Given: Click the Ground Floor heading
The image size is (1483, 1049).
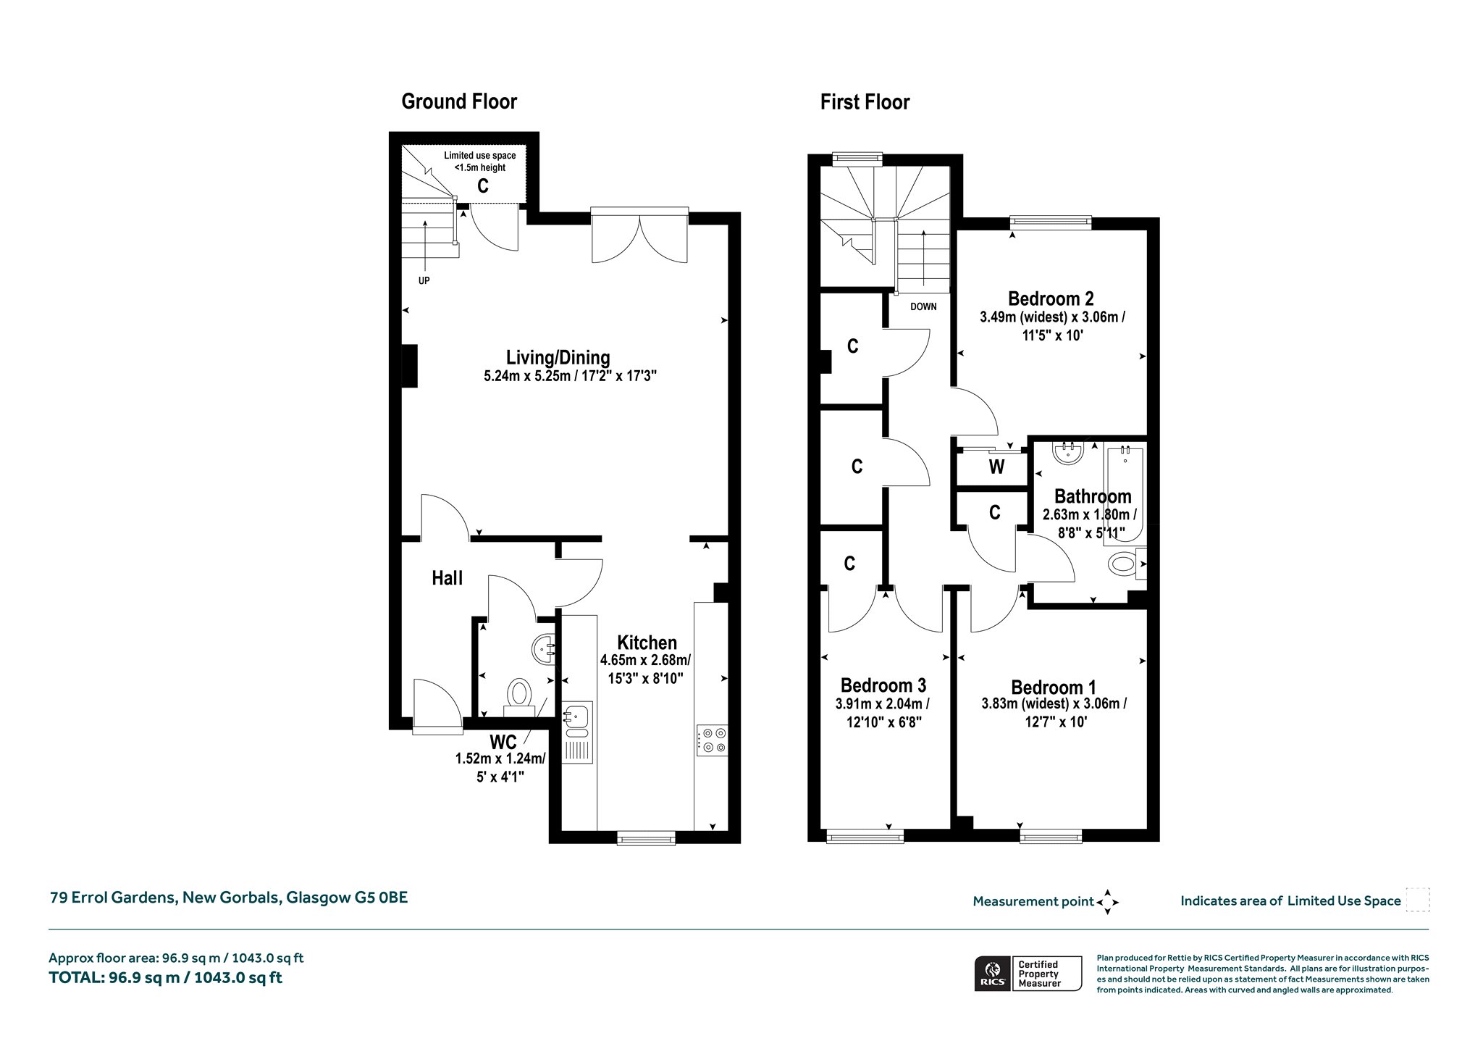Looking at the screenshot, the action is coord(459,101).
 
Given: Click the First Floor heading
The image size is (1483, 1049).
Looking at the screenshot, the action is coord(865,102).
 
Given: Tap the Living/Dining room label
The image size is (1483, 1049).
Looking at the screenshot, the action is coord(558,357).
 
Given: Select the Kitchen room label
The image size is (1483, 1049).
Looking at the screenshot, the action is coord(647,643).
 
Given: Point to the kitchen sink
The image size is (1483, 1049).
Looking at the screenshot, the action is coord(577,732).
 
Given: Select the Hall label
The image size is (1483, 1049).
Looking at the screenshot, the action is coord(447,578).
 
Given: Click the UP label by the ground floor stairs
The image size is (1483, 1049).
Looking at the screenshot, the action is coord(424,280).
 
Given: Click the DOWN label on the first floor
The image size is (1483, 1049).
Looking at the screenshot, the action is coord(923,306).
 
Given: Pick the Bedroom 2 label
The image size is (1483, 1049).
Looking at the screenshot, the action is coord(1051,298).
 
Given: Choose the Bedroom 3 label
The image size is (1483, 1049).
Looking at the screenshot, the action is coord(883,685).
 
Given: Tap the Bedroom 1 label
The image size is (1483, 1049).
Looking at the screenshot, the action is coord(1054,688).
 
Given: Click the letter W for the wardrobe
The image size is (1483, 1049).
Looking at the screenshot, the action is coord(996,467).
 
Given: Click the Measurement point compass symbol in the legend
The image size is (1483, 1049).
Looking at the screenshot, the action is coord(1107,902).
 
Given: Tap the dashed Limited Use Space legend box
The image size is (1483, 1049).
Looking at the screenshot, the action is coord(1417,900).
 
